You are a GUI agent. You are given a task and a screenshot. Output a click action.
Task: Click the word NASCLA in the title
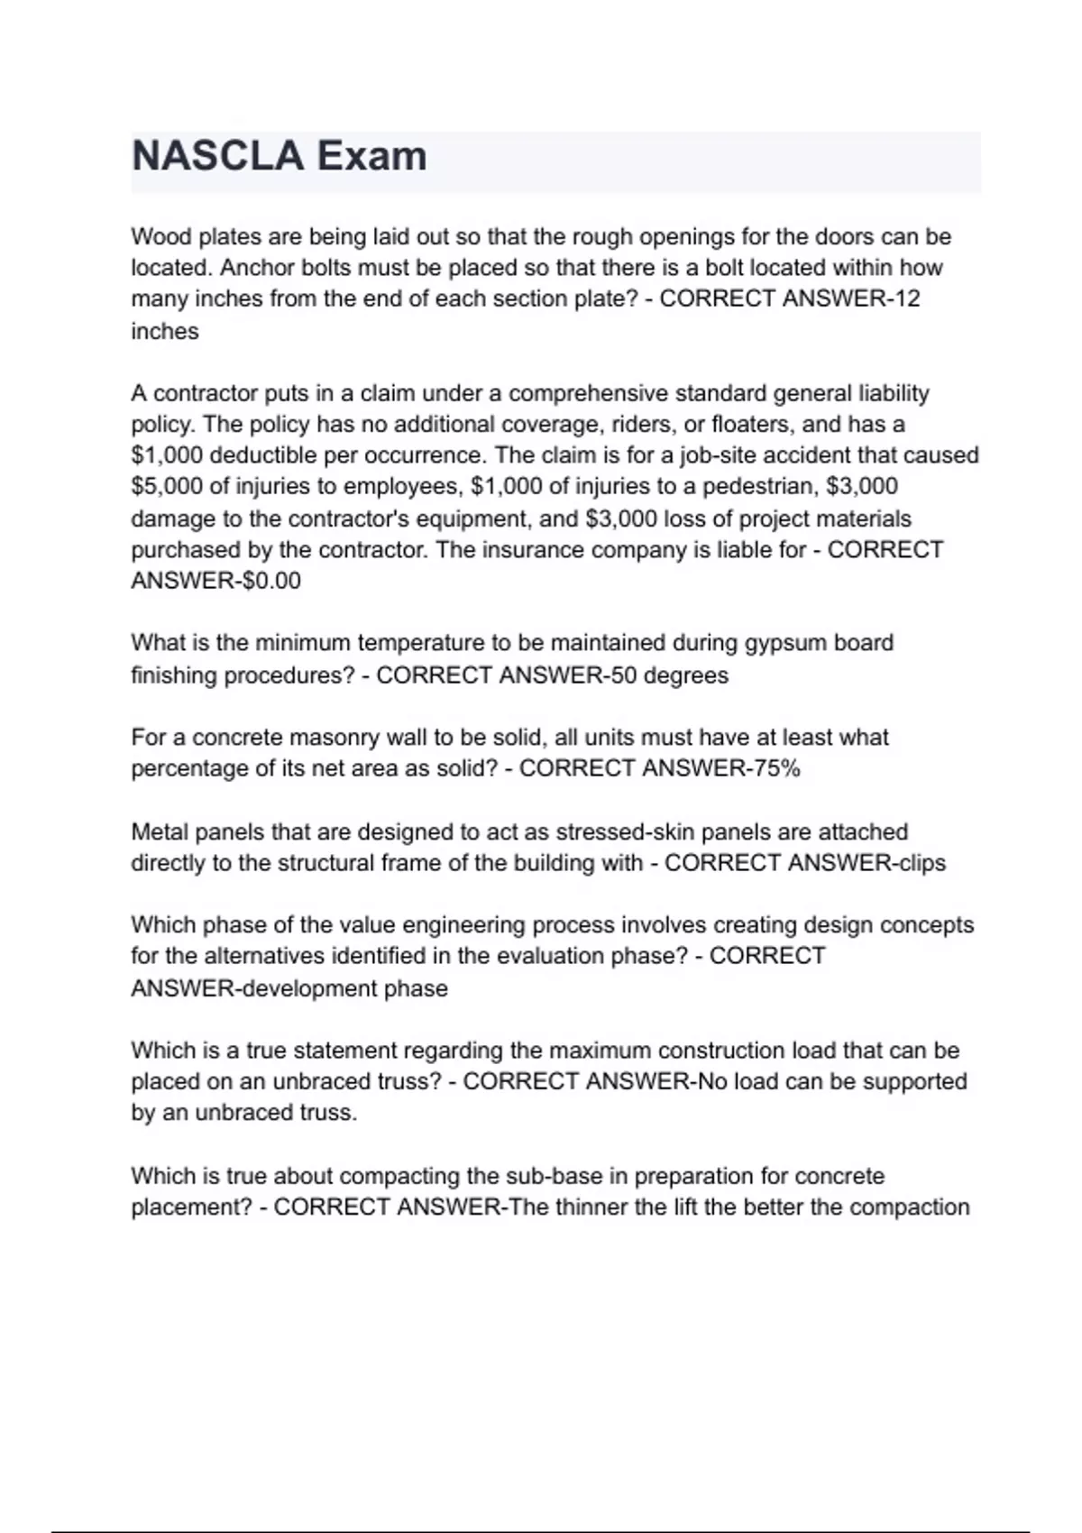[217, 156]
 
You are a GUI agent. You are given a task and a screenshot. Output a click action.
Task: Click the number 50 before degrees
[624, 675]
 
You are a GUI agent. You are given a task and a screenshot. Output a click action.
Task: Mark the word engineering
[463, 925]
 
